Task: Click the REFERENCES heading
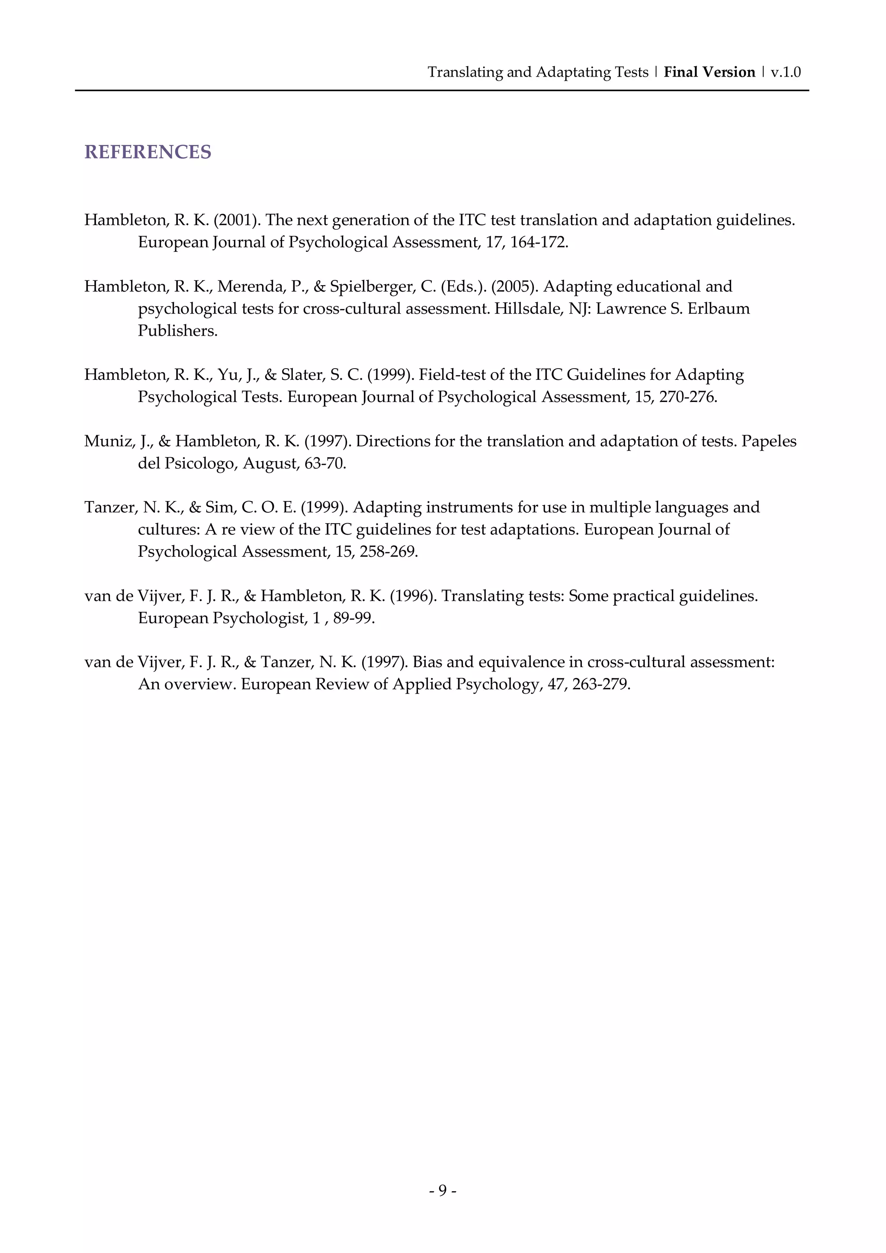point(147,152)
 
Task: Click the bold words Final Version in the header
point(709,72)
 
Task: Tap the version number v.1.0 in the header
point(785,72)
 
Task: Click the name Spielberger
point(372,286)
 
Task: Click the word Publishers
point(177,331)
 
